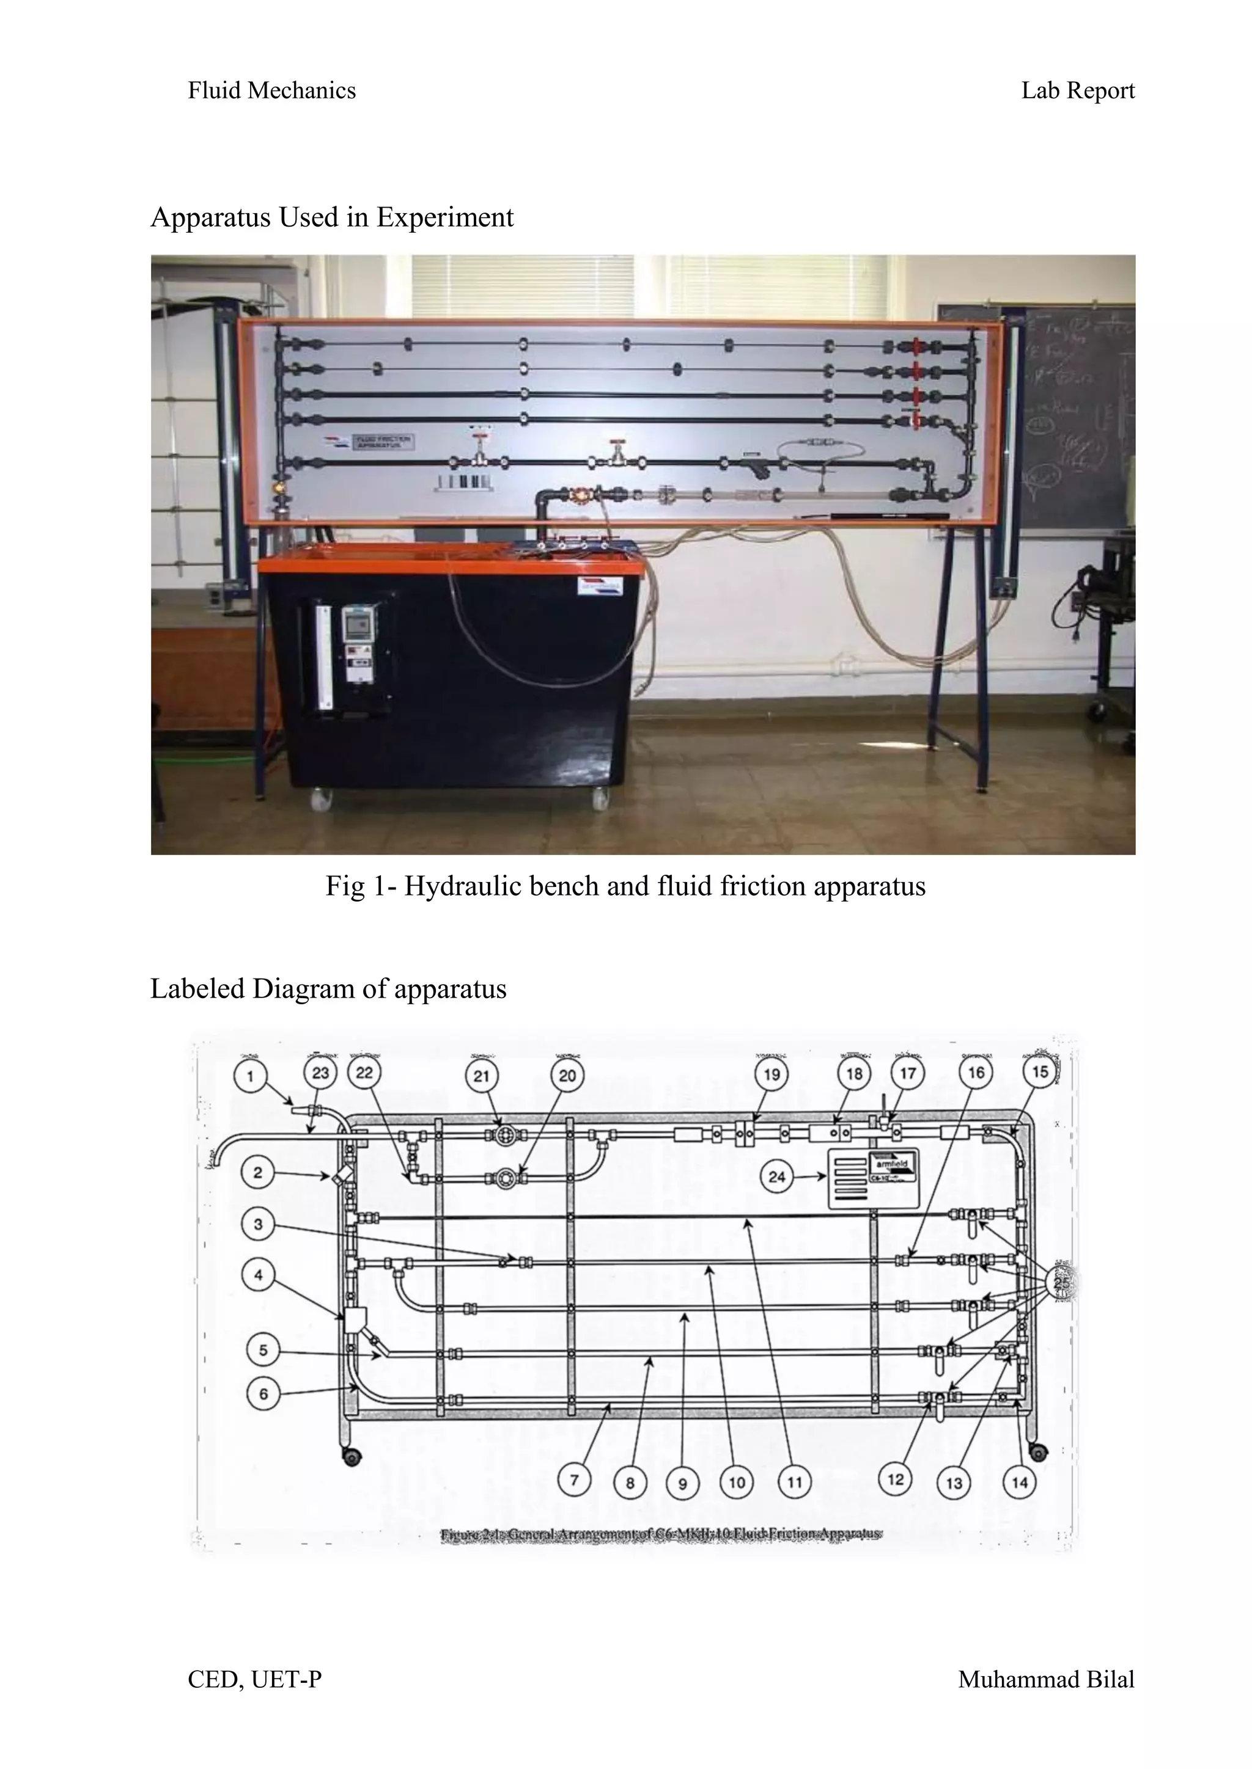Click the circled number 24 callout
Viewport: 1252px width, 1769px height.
[x=776, y=1176]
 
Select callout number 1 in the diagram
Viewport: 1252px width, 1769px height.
[x=250, y=1076]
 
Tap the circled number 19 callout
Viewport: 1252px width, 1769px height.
[x=771, y=1074]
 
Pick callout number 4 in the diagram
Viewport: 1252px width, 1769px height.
[x=258, y=1275]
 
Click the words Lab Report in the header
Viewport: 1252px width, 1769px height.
[x=1077, y=91]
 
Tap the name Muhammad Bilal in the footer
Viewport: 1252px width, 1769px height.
[x=1045, y=1680]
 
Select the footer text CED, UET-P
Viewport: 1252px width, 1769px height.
[x=254, y=1680]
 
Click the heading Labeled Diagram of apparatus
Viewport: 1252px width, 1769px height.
[x=328, y=988]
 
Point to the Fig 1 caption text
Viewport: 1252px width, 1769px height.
[x=625, y=886]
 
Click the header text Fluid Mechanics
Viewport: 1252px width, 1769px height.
[x=271, y=91]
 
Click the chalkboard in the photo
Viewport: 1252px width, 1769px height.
[x=1080, y=409]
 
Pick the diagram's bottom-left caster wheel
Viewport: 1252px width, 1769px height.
[x=352, y=1457]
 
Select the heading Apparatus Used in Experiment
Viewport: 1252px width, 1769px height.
[x=331, y=217]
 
